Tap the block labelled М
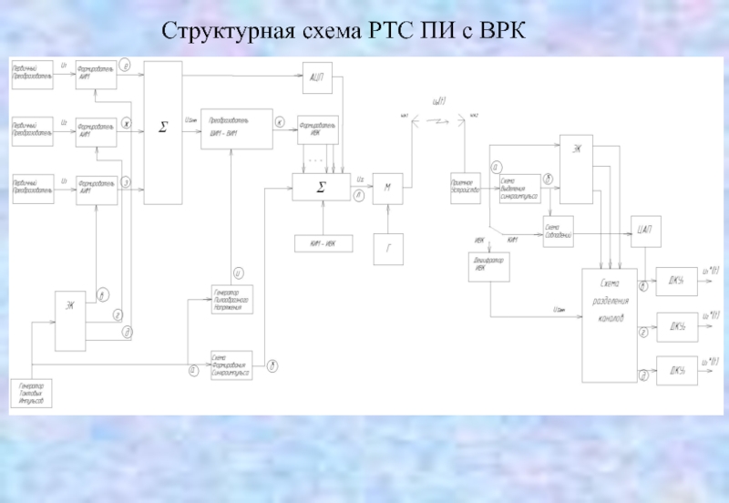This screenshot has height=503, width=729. tap(387, 188)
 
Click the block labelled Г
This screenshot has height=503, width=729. tap(387, 247)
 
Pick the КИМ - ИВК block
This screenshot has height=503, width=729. tap(320, 243)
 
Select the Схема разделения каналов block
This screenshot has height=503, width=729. tap(609, 325)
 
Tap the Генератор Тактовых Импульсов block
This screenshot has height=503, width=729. tap(32, 394)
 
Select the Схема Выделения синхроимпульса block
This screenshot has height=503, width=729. tap(519, 188)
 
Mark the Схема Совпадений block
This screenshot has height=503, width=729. tap(557, 231)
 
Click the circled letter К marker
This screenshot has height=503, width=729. tap(280, 121)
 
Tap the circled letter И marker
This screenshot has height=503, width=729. tap(238, 272)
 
